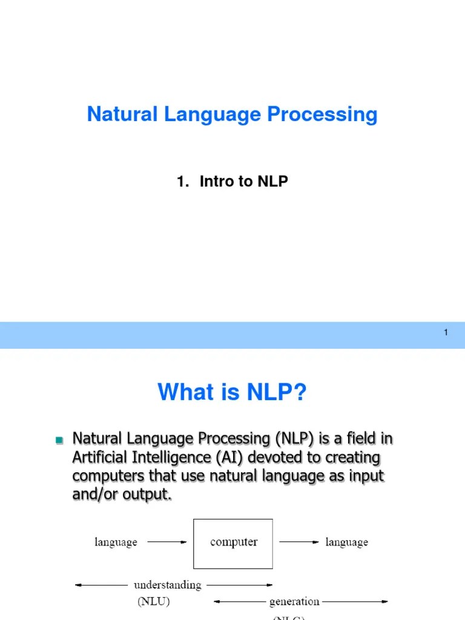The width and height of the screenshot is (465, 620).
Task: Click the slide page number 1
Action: [x=446, y=332]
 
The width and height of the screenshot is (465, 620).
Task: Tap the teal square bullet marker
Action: [x=59, y=440]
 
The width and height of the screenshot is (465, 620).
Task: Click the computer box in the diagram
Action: [x=233, y=542]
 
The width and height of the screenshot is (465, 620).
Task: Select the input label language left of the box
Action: [x=116, y=542]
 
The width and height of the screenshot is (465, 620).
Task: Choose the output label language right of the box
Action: [x=346, y=542]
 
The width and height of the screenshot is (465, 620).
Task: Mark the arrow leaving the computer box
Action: [x=298, y=542]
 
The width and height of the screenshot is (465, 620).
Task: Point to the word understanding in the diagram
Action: [x=167, y=585]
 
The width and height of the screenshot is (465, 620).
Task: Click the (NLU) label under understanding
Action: [x=151, y=601]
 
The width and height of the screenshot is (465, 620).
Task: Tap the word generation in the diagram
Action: [x=294, y=601]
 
